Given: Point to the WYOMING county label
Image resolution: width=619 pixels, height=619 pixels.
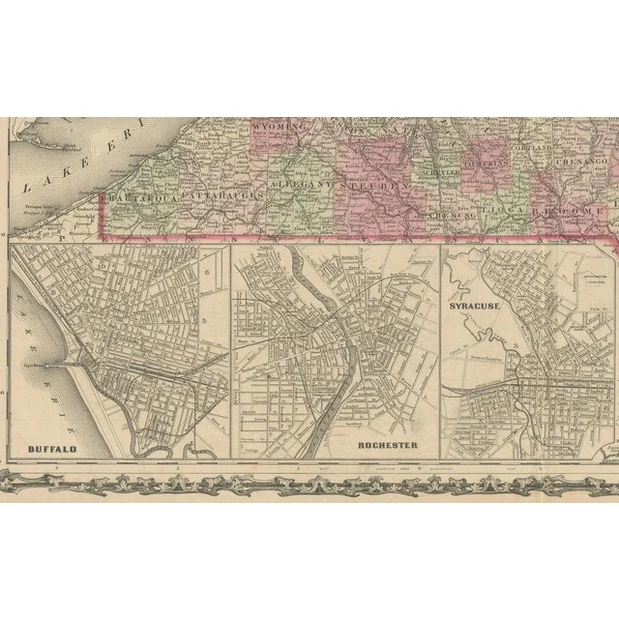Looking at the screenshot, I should [279, 127].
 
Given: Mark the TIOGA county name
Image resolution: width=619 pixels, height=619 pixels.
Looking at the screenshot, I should [506, 210].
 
